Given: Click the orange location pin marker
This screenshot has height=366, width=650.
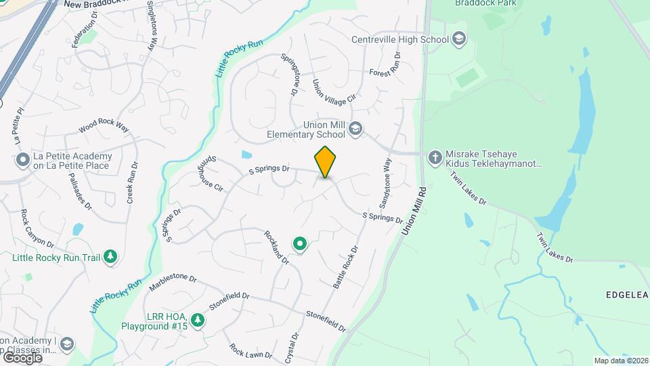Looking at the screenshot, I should tap(325, 162).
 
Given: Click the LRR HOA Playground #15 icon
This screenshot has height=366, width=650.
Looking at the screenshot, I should tap(197, 319).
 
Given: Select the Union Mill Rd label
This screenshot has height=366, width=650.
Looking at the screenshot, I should tap(413, 211).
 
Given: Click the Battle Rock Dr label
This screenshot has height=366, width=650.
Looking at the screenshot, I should tap(345, 267).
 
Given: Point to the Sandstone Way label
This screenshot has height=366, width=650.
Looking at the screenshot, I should tap(385, 184).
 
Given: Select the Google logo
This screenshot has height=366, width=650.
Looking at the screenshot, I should tap(22, 357).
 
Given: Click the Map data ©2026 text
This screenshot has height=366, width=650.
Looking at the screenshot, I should tap(620, 361).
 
